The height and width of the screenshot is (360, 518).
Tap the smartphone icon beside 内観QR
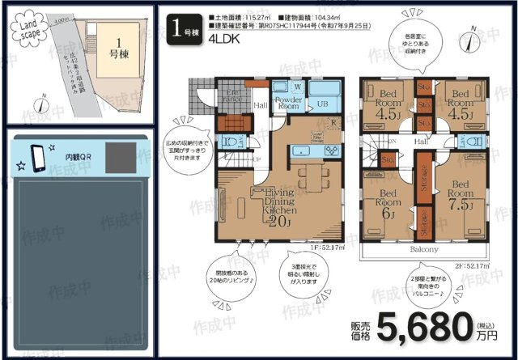[37, 155]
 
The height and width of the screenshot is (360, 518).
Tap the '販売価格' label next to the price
[362, 328]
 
